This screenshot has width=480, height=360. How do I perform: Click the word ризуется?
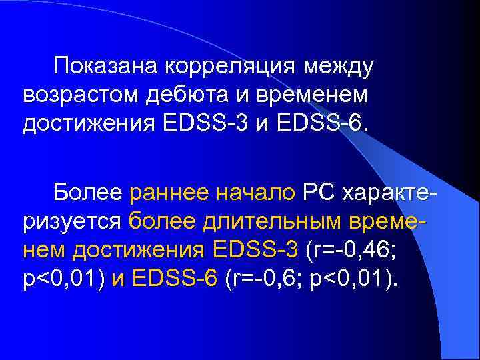71,221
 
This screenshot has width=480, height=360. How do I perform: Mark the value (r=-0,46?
351,250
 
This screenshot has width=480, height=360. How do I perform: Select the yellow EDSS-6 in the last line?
176,279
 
